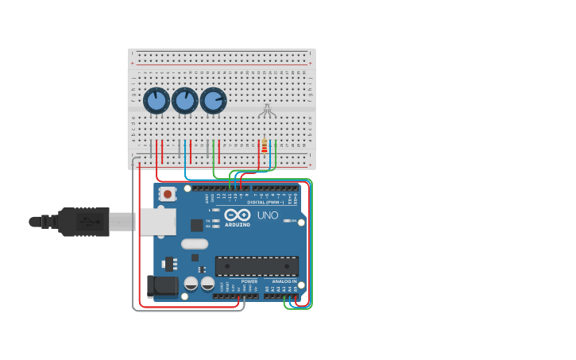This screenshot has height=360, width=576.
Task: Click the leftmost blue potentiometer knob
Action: [156, 101]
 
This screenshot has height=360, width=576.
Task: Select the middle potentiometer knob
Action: [184, 101]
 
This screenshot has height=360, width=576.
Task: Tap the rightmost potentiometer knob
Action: [213, 101]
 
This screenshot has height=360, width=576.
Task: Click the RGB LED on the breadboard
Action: [267, 110]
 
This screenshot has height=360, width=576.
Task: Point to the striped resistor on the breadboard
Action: [264, 146]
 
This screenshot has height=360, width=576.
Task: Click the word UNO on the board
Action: [268, 215]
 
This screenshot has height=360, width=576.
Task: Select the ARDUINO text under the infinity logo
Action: [238, 225]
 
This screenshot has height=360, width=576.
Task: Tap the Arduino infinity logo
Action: [238, 215]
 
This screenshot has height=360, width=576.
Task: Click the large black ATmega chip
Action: [257, 265]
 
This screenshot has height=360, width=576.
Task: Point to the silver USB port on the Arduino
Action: [157, 222]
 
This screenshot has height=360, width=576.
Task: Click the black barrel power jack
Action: [162, 286]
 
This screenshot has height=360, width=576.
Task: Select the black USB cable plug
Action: [83, 222]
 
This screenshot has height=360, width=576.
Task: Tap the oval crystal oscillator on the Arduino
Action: [195, 244]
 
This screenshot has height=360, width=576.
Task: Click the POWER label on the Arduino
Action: [249, 281]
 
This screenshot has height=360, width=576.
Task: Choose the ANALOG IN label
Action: [284, 281]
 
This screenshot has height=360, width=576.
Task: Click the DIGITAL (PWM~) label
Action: [266, 202]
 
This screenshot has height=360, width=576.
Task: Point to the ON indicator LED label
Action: [292, 221]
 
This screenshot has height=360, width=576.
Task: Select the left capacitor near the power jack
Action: [191, 283]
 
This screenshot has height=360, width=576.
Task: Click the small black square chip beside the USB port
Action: [196, 225]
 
